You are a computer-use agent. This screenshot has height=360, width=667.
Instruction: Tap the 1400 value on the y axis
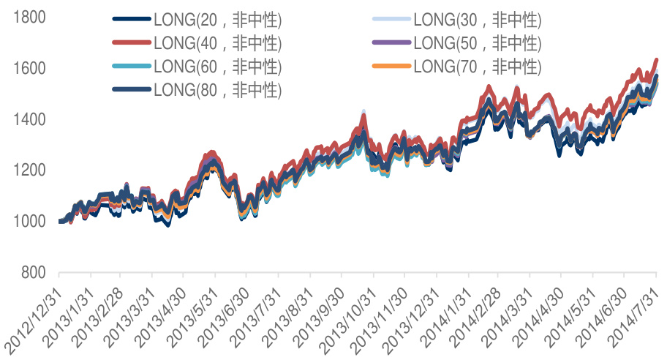point(30,119)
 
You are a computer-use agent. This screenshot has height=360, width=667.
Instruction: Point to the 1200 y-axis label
point(30,170)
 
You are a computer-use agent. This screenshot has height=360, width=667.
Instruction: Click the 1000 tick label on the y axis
point(30,221)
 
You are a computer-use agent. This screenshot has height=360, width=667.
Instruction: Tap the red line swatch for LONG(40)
point(132,43)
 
